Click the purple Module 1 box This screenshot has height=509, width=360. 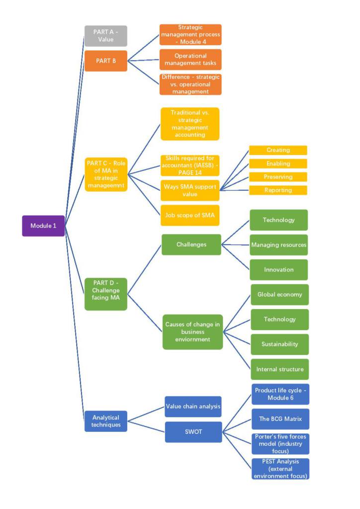click(x=43, y=226)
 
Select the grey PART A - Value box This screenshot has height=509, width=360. click(x=105, y=36)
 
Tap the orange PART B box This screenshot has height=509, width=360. click(x=105, y=61)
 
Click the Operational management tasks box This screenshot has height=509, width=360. click(x=190, y=60)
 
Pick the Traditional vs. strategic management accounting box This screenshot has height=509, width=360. click(x=189, y=124)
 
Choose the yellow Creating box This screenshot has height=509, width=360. click(x=278, y=150)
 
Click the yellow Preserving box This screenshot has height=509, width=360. click(x=278, y=177)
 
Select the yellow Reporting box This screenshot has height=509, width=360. click(x=278, y=190)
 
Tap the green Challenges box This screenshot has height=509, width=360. click(x=191, y=245)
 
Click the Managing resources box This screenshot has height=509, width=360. click(x=278, y=245)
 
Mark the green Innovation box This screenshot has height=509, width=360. click(x=278, y=269)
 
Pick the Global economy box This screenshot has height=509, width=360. click(x=279, y=294)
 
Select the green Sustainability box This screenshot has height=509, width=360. click(x=279, y=344)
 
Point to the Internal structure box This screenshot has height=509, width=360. click(x=279, y=369)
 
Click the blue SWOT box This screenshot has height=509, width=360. click(x=193, y=431)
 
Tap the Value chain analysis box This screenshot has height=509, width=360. click(x=193, y=407)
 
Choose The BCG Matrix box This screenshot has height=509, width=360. click(x=280, y=419)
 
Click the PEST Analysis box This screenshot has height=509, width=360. click(x=280, y=469)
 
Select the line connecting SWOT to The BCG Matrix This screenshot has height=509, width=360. click(x=237, y=425)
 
